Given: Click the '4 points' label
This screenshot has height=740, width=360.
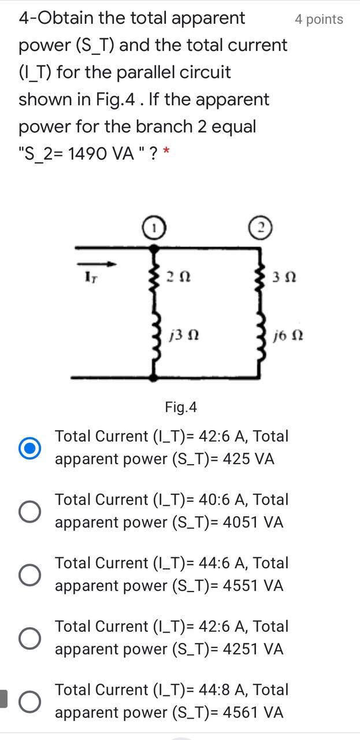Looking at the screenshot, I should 318,20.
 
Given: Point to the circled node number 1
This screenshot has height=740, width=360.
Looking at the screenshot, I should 154,228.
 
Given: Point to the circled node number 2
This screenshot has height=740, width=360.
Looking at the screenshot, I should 260,227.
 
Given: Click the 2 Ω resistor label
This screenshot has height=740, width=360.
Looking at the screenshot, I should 177,277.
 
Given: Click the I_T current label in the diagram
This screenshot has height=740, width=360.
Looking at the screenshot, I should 90,278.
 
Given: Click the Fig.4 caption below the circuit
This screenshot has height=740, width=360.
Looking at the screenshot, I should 181,408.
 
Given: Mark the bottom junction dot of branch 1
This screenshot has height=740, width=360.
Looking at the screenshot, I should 153,377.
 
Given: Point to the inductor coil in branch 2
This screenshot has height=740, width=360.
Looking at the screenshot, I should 261,341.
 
